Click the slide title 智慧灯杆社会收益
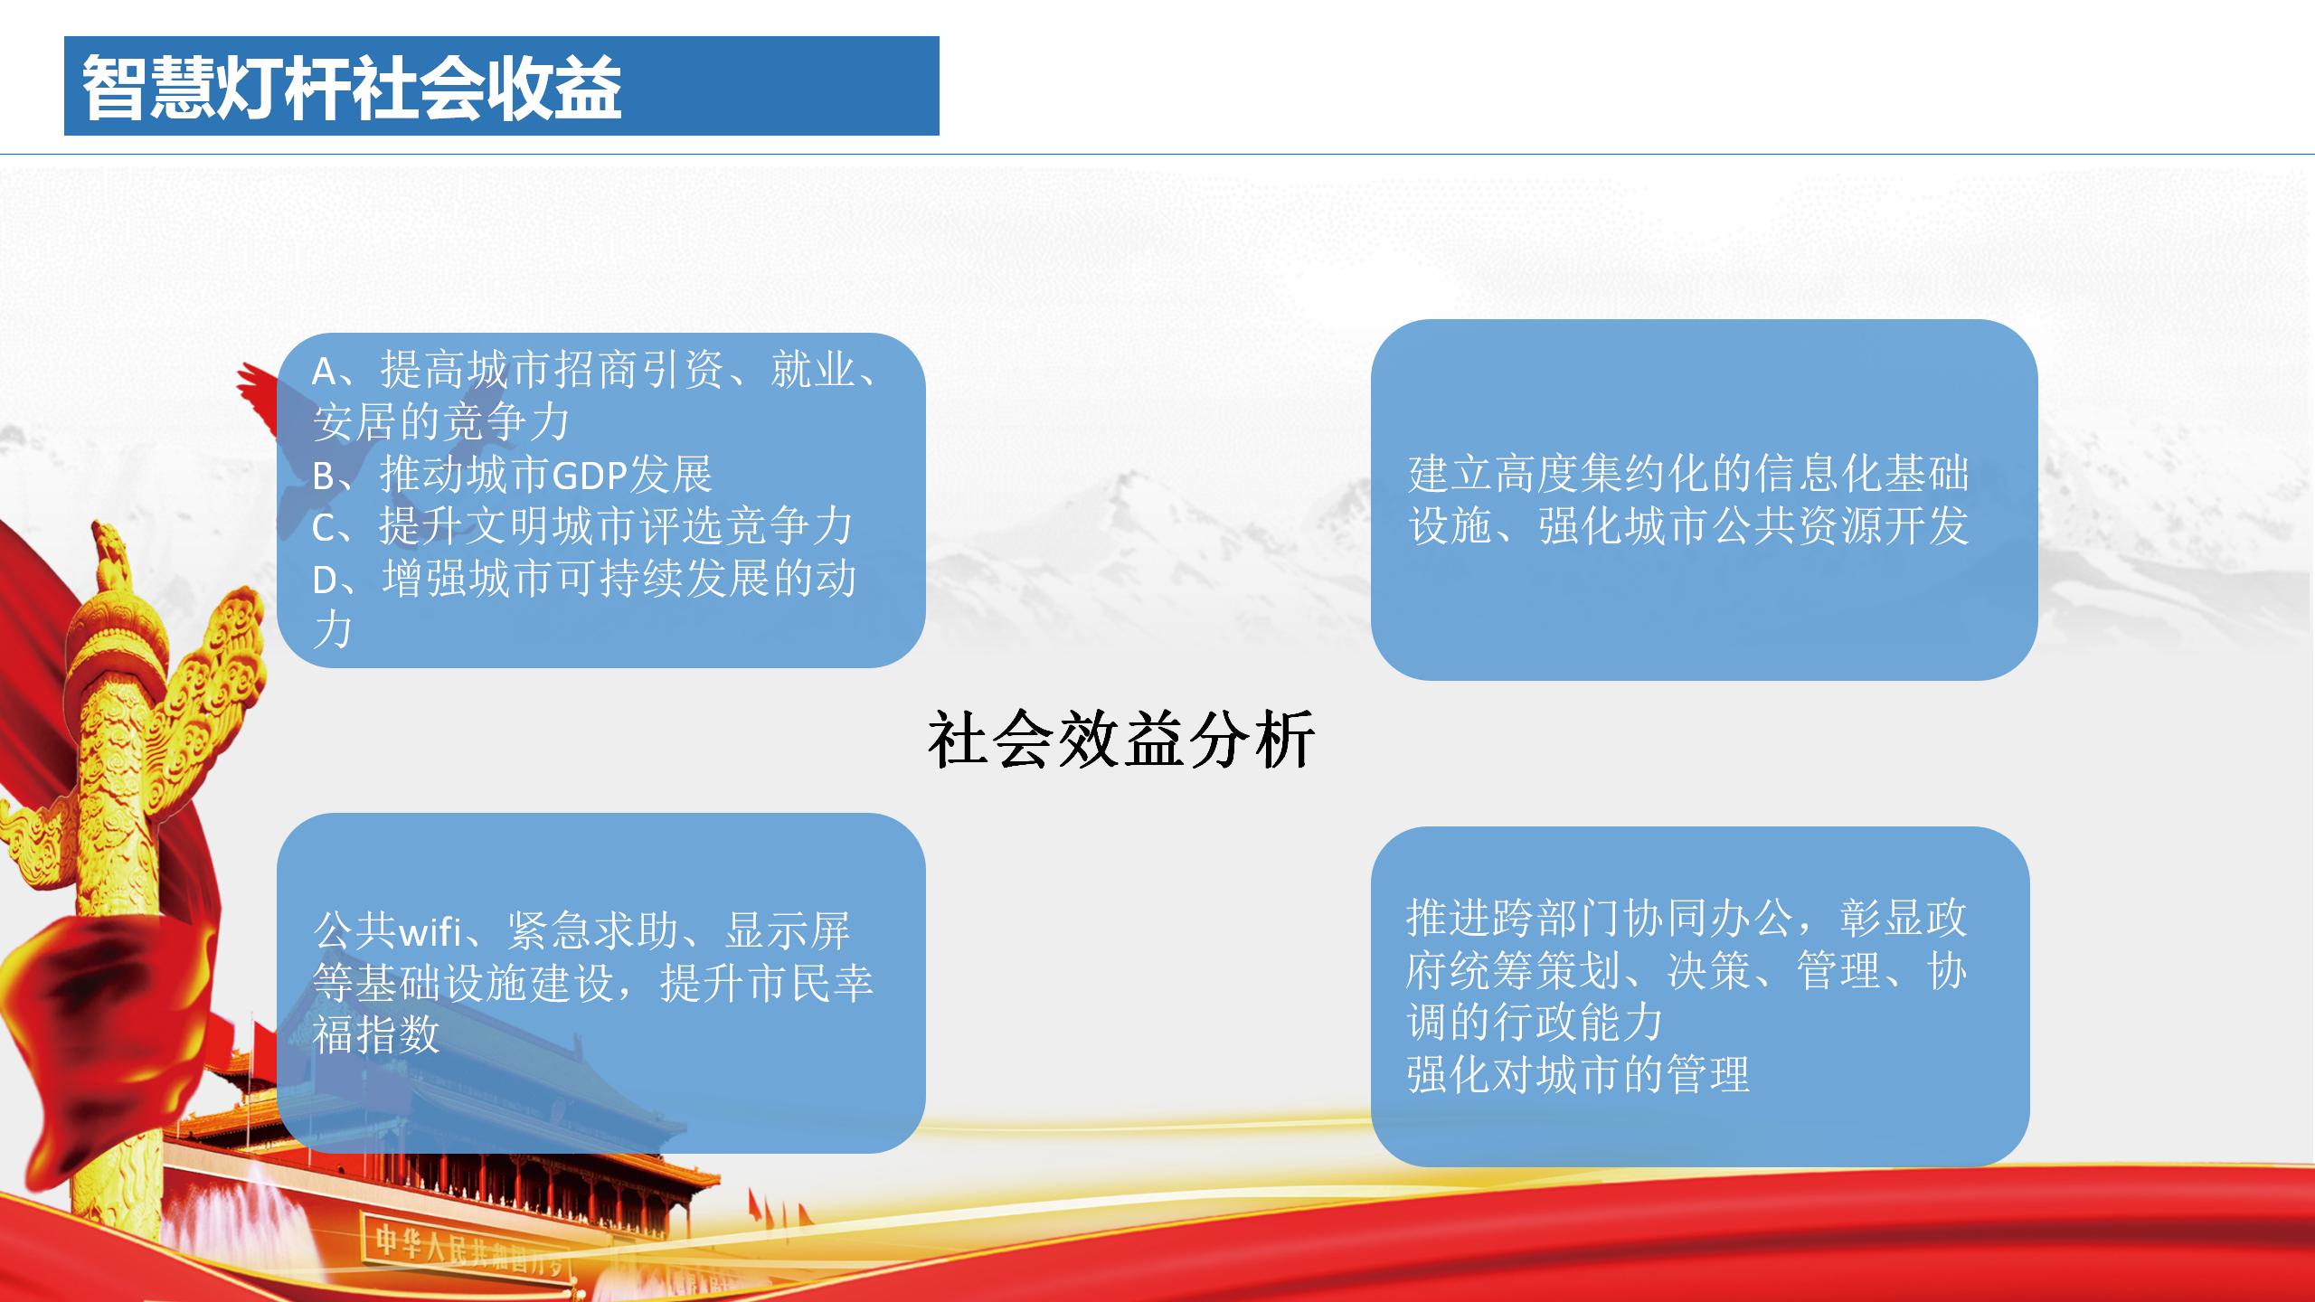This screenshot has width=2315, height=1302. pyautogui.click(x=352, y=87)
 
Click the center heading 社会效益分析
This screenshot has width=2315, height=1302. pyautogui.click(x=1121, y=741)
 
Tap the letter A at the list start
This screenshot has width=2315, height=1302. pyautogui.click(x=325, y=371)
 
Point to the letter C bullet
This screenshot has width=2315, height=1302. pyautogui.click(x=325, y=528)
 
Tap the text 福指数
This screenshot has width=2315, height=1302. pyautogui.click(x=376, y=1033)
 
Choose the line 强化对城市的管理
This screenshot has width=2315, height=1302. pyautogui.click(x=1578, y=1074)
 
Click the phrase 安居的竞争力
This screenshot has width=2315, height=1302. pyautogui.click(x=441, y=422)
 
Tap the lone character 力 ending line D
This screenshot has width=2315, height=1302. pyautogui.click(x=332, y=630)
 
